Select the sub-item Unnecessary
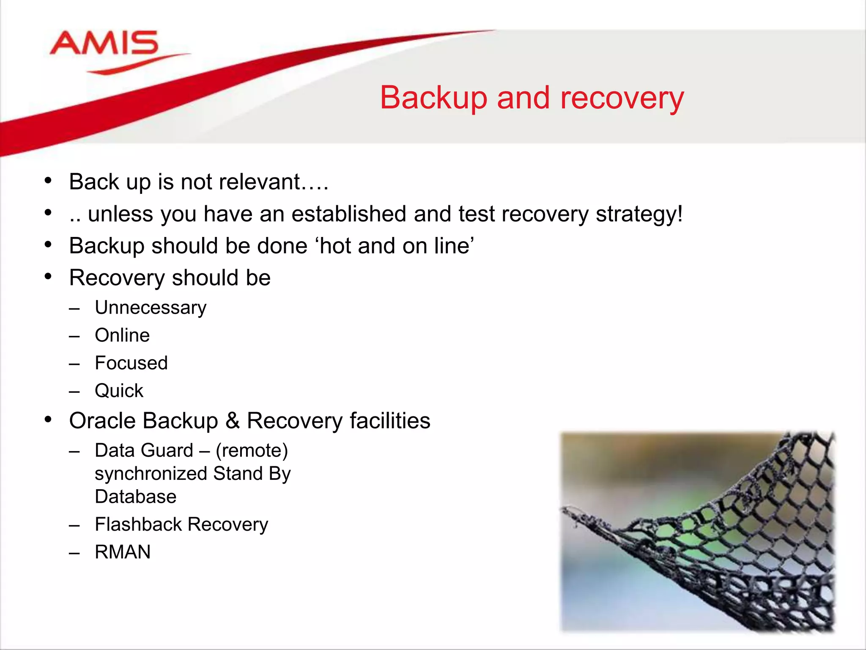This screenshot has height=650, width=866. pos(151,308)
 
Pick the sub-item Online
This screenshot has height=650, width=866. pos(122,335)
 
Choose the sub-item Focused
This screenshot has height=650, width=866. pos(131,363)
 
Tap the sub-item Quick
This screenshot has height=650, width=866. pos(119,391)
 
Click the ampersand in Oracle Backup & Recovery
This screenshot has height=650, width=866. pos(233,421)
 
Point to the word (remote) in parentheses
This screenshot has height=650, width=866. pos(252,450)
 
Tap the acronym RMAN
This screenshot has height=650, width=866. pos(123,552)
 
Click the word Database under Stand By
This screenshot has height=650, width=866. pos(135,496)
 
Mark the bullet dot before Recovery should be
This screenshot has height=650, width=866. pos(48,277)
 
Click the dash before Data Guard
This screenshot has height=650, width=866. pos(74,452)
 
